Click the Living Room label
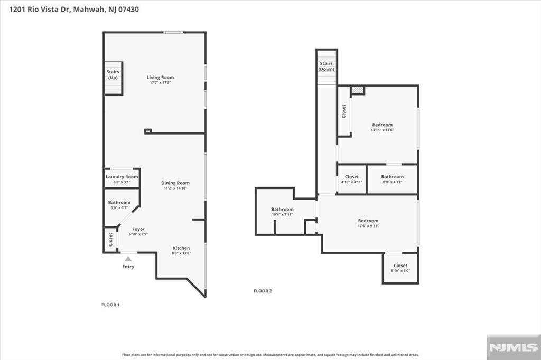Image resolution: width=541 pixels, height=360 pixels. [160, 78]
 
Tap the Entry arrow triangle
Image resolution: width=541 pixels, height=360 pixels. [128, 259]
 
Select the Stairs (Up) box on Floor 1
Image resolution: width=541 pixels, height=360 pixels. [113, 78]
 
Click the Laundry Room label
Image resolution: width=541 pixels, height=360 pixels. [122, 177]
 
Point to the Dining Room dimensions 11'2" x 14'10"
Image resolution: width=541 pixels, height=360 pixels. [175, 188]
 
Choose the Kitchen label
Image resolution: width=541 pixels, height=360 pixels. [181, 248]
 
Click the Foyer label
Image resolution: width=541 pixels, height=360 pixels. [138, 229]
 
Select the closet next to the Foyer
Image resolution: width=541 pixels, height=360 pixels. [110, 240]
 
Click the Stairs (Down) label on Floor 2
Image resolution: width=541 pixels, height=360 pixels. [327, 67]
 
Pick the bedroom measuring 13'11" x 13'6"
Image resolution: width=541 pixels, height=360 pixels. [382, 127]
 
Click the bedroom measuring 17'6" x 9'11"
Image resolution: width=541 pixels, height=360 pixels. [368, 223]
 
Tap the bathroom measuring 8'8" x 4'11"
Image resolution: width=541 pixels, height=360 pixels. [392, 179]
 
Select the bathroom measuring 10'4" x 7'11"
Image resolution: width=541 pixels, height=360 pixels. [282, 212]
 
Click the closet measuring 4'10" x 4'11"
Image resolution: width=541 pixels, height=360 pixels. [351, 179]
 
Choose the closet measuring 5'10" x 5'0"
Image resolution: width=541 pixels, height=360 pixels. [400, 268]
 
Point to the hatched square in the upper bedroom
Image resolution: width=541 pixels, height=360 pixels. [358, 90]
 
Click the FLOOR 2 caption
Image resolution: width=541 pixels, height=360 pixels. [263, 291]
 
